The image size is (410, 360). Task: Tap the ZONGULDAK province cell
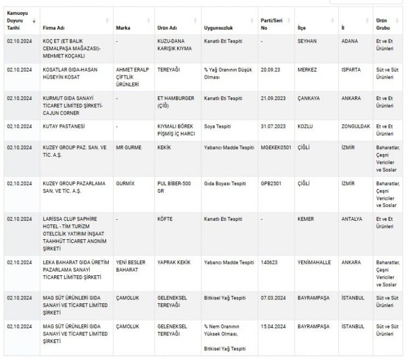tap(355, 127)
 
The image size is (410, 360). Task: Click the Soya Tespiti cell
tap(218, 127)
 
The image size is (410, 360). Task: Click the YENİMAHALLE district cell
tap(314, 262)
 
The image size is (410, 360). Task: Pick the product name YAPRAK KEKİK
tap(174, 262)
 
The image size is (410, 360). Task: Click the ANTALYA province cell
tap(352, 219)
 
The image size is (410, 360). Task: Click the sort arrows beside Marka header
tap(149, 21)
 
